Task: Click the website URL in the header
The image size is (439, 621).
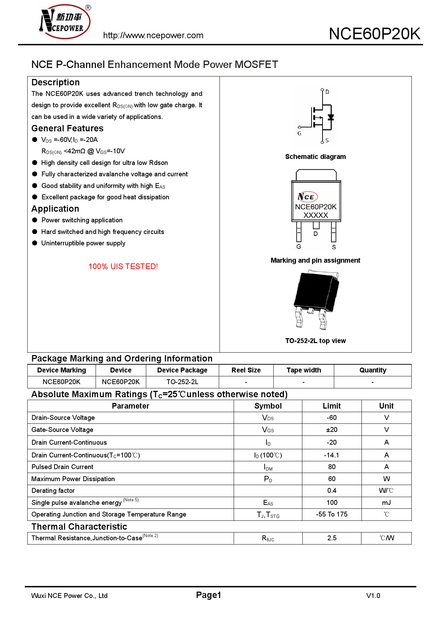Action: click(153, 35)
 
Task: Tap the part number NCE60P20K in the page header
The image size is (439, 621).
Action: click(374, 34)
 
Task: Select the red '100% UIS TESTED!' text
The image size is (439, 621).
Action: click(123, 267)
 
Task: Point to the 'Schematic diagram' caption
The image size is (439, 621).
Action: click(315, 157)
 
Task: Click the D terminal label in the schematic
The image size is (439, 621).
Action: click(327, 92)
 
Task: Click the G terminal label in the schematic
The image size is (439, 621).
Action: click(300, 133)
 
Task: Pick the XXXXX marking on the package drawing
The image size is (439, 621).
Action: click(316, 215)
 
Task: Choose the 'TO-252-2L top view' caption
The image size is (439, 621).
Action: click(315, 341)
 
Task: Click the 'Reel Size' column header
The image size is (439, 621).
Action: click(246, 370)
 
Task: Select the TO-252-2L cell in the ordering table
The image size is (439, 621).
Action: click(182, 382)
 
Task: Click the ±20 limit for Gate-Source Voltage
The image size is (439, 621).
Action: click(332, 430)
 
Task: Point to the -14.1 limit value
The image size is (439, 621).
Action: click(332, 455)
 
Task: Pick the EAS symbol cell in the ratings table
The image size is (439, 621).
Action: click(268, 503)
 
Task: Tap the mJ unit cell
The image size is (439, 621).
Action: click(386, 503)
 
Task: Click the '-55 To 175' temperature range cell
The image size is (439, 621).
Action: click(332, 514)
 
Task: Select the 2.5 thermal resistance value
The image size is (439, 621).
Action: click(332, 538)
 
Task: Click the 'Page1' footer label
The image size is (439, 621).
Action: click(209, 595)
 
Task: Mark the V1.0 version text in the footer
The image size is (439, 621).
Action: click(373, 596)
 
